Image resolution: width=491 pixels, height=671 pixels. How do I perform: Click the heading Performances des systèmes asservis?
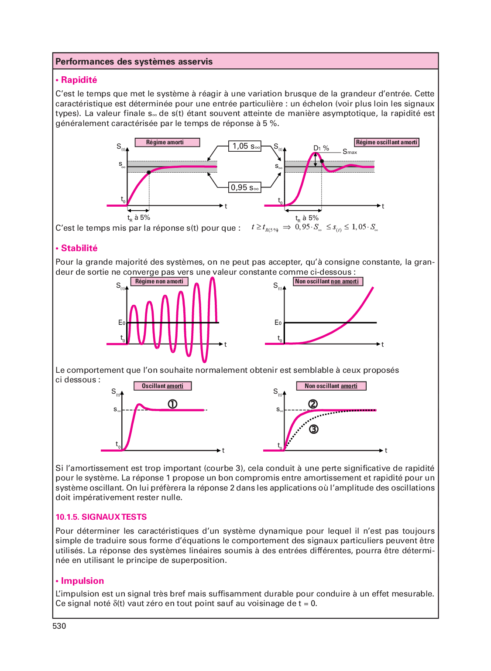click(134, 61)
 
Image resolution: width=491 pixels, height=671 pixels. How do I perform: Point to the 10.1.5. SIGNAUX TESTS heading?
click(101, 517)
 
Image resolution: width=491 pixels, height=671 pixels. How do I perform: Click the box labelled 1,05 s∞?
click(245, 146)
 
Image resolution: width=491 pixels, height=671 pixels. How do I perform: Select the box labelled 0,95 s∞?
click(245, 187)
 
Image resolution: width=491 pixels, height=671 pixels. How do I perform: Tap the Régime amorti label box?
click(167, 142)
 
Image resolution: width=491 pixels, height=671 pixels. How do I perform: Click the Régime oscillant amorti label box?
click(387, 142)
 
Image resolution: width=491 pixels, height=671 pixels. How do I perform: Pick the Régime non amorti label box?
click(159, 281)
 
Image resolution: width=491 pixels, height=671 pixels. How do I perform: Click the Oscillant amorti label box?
click(162, 386)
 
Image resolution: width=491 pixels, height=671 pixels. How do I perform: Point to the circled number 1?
click(172, 404)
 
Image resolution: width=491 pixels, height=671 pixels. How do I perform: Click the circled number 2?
click(313, 404)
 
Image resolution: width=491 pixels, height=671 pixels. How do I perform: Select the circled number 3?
click(313, 429)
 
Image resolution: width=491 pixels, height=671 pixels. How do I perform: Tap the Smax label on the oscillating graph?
click(350, 152)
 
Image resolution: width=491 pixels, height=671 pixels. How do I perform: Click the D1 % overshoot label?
click(321, 148)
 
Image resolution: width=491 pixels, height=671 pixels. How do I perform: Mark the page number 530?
click(59, 626)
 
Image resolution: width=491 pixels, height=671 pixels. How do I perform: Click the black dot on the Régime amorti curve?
click(149, 172)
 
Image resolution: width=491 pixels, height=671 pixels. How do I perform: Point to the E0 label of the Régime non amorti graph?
click(121, 323)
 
